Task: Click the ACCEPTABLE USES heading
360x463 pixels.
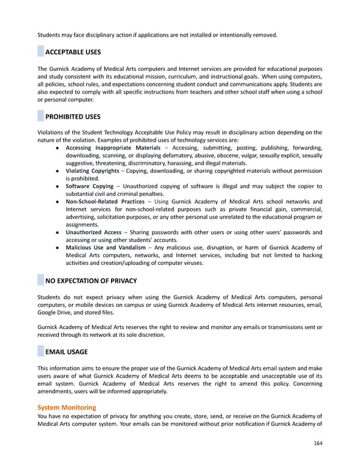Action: point(73,52)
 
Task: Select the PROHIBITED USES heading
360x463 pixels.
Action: point(73,117)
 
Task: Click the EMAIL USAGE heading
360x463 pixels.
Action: point(67,352)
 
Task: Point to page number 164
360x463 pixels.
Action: point(317,444)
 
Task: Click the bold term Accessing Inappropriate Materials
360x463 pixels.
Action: point(113,148)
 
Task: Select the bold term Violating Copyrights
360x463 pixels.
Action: point(92,171)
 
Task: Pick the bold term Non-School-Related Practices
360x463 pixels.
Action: point(105,202)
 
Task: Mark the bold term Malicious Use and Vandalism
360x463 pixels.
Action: point(106,247)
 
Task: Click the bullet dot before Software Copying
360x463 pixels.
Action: point(56,187)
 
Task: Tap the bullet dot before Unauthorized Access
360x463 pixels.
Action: point(56,232)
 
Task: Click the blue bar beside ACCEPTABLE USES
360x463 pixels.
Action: point(41,52)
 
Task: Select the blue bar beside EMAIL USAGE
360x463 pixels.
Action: point(41,352)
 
